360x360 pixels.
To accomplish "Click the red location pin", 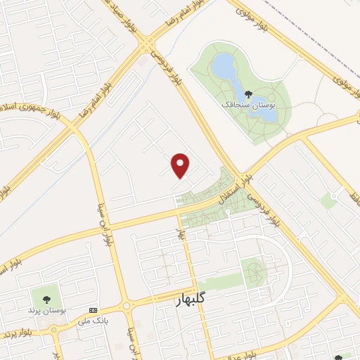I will coord(181,165).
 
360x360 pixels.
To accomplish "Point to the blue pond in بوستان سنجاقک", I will coord(225,67).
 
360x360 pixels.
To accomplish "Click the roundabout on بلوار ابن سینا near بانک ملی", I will coord(125,305).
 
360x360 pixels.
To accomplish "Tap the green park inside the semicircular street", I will coord(253,270).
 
